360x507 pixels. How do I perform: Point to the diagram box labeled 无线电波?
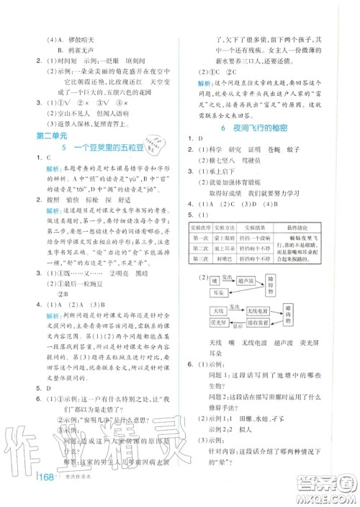[x=254, y=330]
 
